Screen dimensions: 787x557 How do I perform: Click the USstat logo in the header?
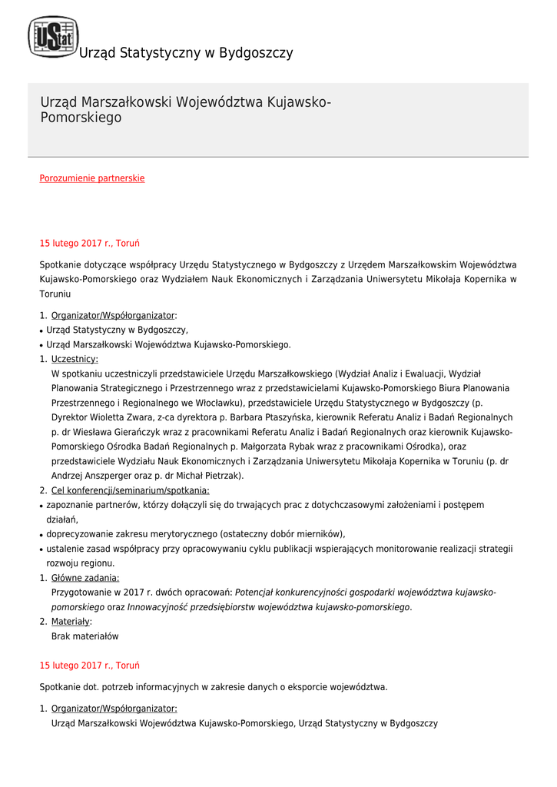click(53, 37)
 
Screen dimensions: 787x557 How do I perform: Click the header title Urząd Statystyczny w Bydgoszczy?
click(186, 53)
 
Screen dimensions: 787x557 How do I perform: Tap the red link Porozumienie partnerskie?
click(92, 178)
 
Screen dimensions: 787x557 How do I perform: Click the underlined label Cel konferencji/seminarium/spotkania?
click(130, 490)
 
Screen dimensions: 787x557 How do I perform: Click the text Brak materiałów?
click(85, 636)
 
